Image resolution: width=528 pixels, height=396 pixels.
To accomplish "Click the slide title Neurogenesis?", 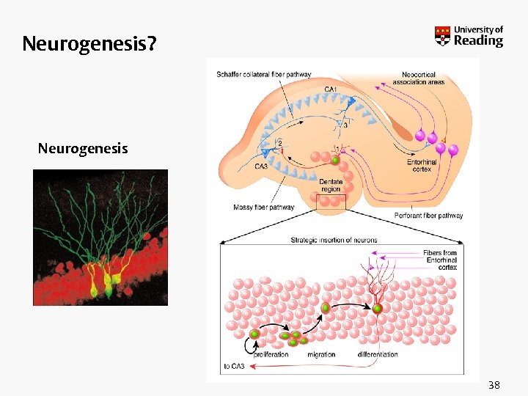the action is tap(89, 45).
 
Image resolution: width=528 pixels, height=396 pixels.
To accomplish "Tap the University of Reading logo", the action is tap(469, 36).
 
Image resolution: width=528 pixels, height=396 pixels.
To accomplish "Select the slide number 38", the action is tap(494, 384).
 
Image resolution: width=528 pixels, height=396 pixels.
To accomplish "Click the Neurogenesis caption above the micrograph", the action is tap(83, 149).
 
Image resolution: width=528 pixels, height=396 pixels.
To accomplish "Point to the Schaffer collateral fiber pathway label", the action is tap(264, 74).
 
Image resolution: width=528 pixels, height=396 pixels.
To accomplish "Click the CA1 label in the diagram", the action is tap(331, 90).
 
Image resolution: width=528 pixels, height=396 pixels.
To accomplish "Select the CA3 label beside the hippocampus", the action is tap(261, 166).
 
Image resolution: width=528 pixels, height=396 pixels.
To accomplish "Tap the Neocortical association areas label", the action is tap(418, 78).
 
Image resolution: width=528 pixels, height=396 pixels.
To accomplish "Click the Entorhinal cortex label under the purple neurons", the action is tap(422, 166).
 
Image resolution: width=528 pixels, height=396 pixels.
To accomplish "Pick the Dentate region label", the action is tap(331, 185).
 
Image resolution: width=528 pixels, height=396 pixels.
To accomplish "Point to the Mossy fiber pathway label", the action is tap(264, 208).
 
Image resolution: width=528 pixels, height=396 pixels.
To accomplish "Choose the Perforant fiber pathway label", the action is tap(428, 216).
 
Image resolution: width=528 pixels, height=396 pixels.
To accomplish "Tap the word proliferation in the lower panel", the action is tap(271, 354).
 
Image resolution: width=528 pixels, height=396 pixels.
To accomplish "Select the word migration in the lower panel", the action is tap(321, 354).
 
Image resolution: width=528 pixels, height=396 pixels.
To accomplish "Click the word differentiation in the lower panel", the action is tap(378, 354).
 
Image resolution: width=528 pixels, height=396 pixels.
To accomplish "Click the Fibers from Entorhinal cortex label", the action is tap(440, 260).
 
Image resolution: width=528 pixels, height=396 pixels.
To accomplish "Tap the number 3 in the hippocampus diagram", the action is tap(345, 125).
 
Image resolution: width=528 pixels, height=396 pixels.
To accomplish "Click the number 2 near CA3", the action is tap(279, 142).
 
